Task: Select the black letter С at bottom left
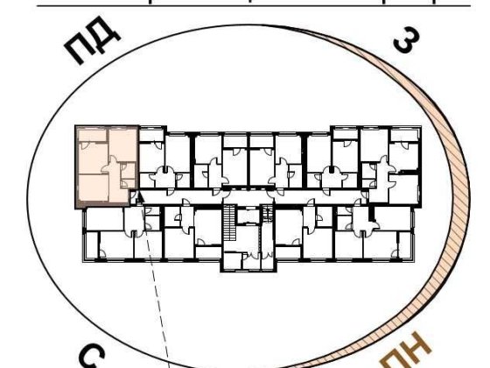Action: tap(96, 357)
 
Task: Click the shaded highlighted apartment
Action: tap(106, 165)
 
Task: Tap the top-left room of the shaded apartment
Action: tap(91, 144)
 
